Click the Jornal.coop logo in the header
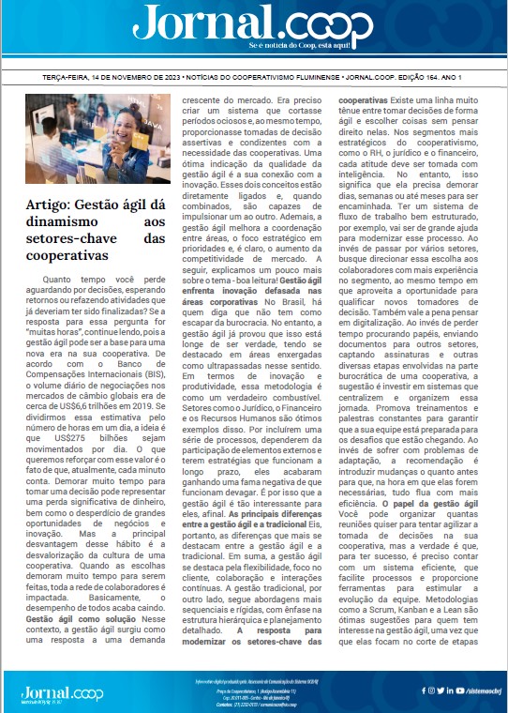[x=253, y=22]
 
